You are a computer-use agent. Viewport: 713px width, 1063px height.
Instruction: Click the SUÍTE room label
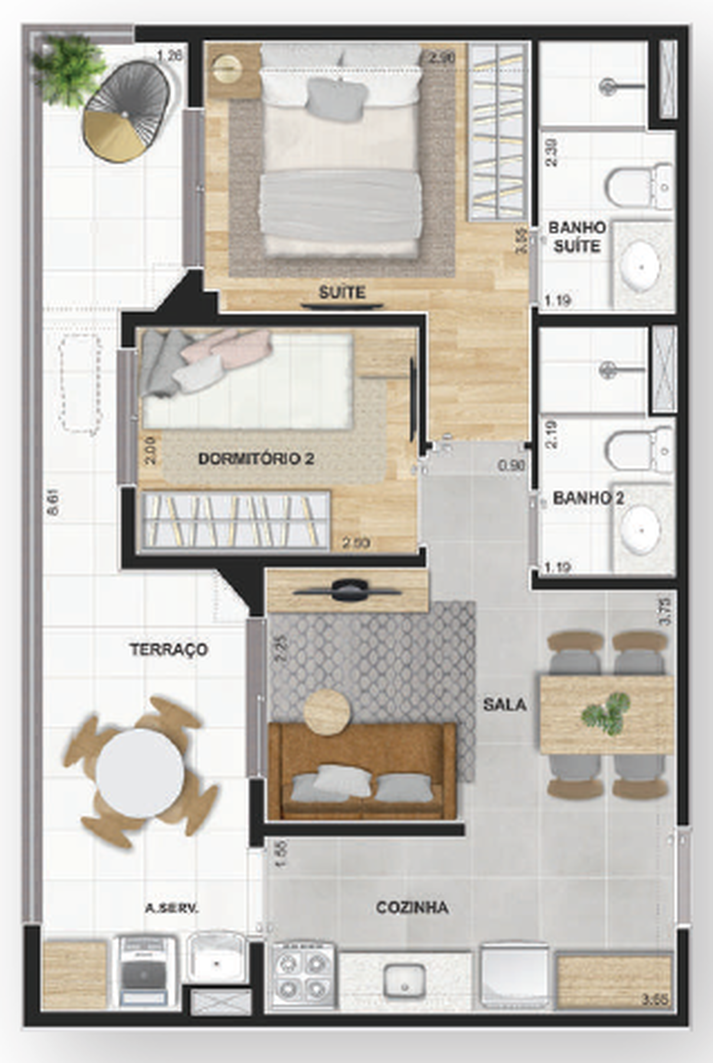click(x=342, y=292)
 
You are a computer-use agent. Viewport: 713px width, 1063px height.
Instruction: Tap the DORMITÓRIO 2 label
click(x=256, y=459)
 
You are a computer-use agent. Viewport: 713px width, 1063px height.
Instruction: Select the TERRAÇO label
click(x=169, y=650)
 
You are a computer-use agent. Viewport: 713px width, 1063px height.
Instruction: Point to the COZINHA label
click(x=412, y=908)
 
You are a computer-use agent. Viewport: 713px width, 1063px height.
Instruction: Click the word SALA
click(x=505, y=704)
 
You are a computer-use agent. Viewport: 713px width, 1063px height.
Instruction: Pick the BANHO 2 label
click(x=588, y=498)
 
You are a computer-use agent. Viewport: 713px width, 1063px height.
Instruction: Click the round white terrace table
click(x=140, y=773)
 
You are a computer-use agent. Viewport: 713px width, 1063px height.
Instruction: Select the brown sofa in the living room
click(x=362, y=771)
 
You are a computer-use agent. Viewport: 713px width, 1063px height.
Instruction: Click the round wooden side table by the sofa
click(x=328, y=712)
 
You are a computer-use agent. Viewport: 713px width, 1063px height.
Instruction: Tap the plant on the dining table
click(x=606, y=713)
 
